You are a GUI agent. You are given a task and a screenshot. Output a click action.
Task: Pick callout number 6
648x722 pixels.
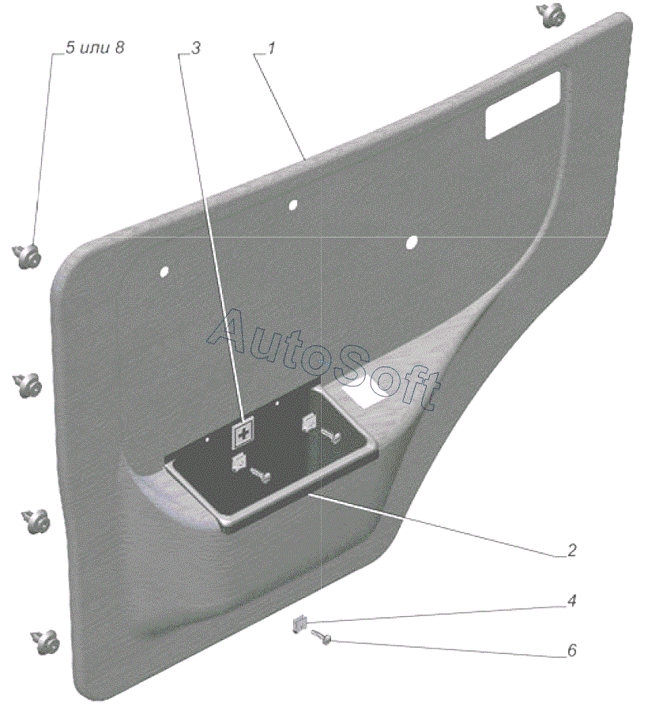tap(571, 651)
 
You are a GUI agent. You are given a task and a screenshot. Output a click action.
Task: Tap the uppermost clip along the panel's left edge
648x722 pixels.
tap(29, 254)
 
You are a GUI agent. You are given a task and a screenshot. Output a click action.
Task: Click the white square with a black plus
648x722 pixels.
tap(243, 434)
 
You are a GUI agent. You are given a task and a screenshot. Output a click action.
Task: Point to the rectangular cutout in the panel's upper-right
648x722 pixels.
tap(523, 103)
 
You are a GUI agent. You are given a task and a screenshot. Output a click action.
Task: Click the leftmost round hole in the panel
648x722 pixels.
tap(164, 272)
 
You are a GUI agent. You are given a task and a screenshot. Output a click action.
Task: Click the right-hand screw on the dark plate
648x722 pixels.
tap(330, 434)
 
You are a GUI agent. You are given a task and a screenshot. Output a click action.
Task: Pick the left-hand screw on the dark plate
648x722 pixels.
tap(260, 474)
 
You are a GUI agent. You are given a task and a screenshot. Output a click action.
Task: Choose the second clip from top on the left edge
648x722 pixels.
tap(30, 385)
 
